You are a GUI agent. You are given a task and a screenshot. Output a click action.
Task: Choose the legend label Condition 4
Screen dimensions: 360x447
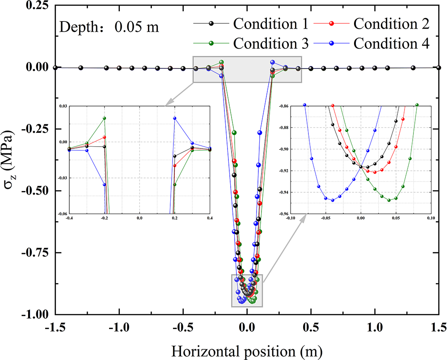pos(392,44)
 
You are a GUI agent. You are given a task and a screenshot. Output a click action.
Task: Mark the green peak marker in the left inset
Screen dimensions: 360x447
pos(104,118)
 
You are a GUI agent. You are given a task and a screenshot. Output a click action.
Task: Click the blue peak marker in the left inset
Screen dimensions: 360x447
pos(175,118)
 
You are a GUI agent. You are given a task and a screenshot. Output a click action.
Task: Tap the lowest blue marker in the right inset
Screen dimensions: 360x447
pos(333,200)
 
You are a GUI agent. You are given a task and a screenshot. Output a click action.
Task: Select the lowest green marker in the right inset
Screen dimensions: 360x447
pos(389,200)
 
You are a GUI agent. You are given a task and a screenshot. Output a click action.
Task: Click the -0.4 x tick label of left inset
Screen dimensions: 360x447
pos(69,218)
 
